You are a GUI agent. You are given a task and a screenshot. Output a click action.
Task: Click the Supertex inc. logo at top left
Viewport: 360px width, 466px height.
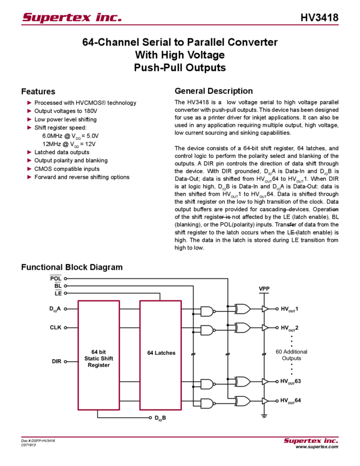point(71,18)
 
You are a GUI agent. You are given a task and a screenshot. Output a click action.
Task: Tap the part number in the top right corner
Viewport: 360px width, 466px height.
point(323,18)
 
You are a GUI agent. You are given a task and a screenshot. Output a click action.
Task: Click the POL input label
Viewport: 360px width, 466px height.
point(56,278)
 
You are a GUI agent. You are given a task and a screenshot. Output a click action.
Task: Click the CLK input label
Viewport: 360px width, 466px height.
point(56,328)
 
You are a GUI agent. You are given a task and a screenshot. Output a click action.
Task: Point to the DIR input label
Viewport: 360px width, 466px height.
point(56,361)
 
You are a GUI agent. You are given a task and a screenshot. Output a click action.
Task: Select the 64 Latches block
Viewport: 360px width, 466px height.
point(161,353)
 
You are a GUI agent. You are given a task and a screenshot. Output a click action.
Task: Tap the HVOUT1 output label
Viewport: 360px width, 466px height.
point(289,309)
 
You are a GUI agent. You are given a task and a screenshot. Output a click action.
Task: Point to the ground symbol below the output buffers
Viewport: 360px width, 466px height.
point(264,416)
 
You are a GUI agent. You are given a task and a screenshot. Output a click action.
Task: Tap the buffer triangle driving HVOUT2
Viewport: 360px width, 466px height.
point(266,328)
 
